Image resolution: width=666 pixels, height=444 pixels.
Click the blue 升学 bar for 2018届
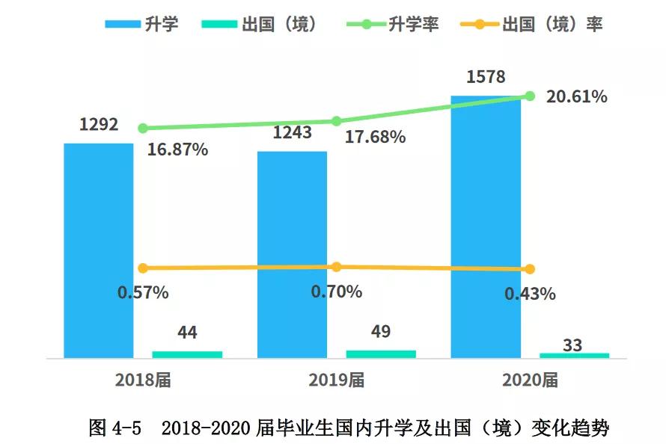(x=98, y=250)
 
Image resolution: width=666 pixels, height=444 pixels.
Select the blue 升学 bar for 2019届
(x=292, y=254)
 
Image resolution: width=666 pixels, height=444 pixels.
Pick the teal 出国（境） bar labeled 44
(x=187, y=354)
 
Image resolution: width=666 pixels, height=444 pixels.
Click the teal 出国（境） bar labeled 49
(x=381, y=354)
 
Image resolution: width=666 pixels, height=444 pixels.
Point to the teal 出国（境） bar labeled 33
(x=574, y=355)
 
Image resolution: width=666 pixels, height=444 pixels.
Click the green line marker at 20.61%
(x=530, y=96)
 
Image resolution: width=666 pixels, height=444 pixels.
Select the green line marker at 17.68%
(x=336, y=121)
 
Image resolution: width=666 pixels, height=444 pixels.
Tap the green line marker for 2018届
(x=143, y=129)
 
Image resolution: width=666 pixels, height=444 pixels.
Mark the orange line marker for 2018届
(x=143, y=268)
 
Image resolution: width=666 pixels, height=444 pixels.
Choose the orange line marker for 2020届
(x=530, y=269)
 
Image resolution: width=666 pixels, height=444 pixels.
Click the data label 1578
(x=486, y=77)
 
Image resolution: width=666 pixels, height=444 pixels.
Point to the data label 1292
(x=99, y=124)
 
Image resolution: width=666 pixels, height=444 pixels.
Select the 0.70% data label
(x=337, y=292)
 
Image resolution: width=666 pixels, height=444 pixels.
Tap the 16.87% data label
(x=177, y=149)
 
